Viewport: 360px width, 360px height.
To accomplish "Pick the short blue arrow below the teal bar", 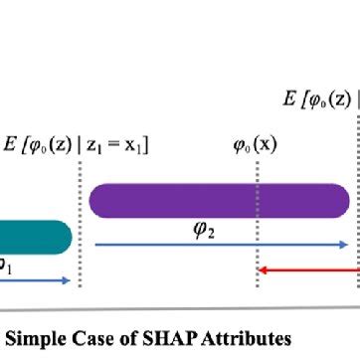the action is (x=35, y=281).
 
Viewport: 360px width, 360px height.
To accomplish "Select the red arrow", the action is (x=308, y=269).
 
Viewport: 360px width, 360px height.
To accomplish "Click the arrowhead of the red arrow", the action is (x=262, y=269).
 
